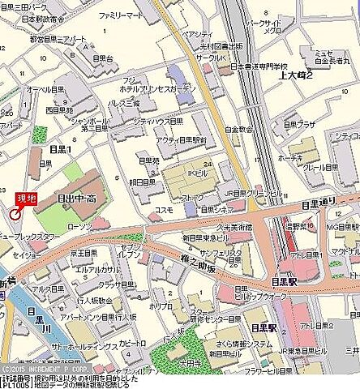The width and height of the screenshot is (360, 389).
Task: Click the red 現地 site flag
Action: point(26,198)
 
